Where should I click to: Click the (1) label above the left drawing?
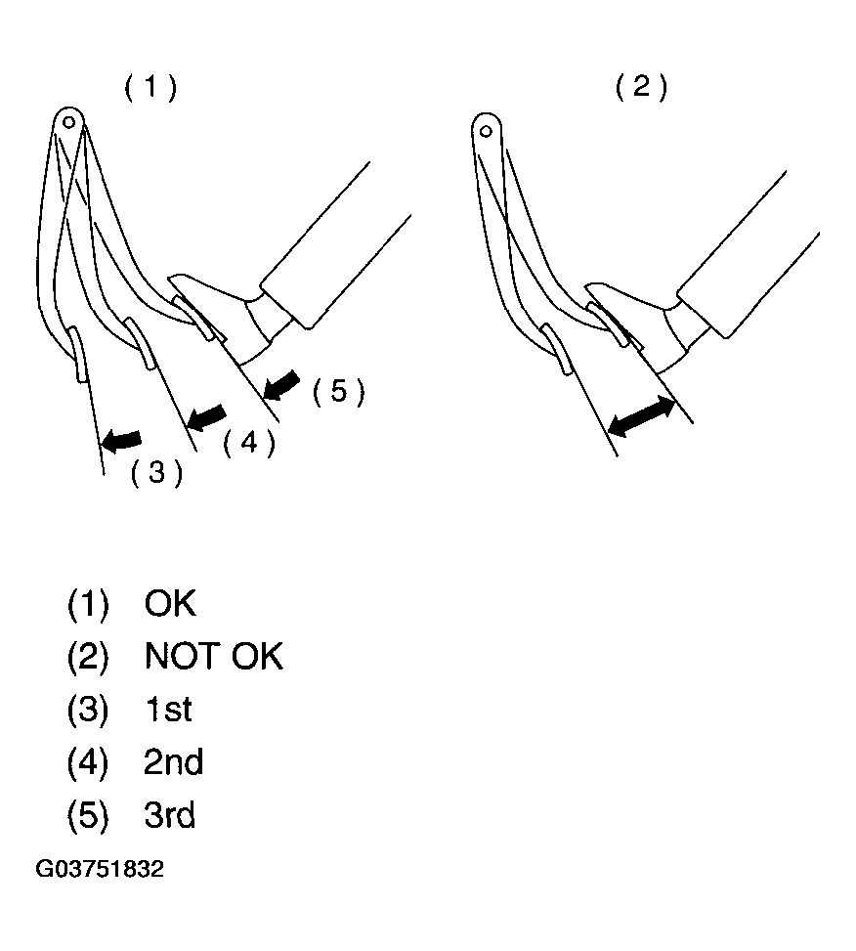tap(150, 87)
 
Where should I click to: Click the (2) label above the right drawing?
tap(641, 87)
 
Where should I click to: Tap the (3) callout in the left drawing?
tap(156, 472)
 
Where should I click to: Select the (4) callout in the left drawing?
tap(249, 443)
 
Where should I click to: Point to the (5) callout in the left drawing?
tap(338, 391)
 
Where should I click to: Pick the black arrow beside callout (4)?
tap(206, 418)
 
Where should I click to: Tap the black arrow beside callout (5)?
tap(281, 385)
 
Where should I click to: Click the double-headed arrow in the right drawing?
tap(641, 416)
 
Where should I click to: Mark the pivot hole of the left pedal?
tap(69, 122)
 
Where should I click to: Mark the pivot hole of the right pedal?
tap(486, 130)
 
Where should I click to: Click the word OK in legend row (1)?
tap(170, 603)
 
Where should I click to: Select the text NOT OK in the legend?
tap(213, 656)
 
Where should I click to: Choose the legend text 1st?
tap(168, 709)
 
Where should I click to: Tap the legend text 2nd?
tap(173, 761)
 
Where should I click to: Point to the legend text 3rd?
tap(170, 814)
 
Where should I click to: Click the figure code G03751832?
tap(100, 869)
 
